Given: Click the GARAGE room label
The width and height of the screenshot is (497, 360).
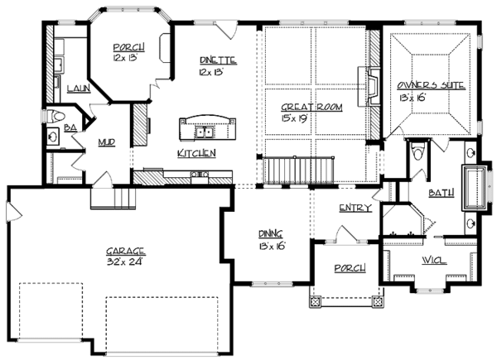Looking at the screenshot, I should click(126, 250).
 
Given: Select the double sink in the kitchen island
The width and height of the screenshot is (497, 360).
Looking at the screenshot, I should click(204, 132).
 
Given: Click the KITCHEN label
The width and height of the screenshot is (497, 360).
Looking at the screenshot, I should click(197, 153).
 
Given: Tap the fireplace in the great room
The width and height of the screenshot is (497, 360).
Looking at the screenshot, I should click(371, 83).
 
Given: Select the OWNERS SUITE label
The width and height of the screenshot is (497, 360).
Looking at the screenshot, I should click(431, 85).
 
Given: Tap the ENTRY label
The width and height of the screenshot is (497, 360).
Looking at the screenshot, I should click(354, 207).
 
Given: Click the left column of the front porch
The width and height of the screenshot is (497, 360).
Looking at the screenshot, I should click(315, 302).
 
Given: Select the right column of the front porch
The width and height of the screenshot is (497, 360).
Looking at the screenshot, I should click(379, 302).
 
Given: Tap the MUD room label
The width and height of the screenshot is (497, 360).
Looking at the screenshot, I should click(107, 142).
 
